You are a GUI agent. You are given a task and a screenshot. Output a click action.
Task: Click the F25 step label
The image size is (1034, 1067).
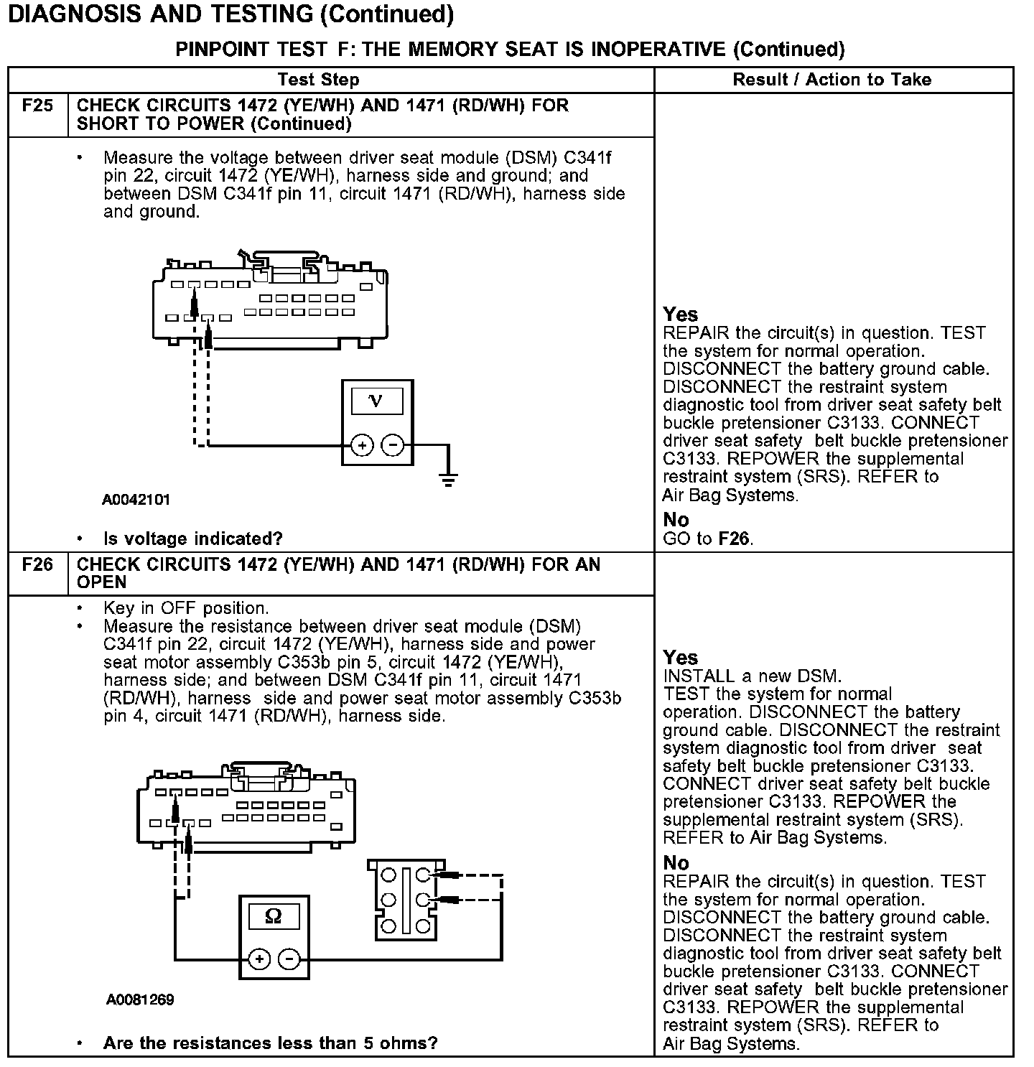pyautogui.click(x=37, y=106)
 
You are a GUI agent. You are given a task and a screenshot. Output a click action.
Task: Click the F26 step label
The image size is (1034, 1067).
pyautogui.click(x=37, y=564)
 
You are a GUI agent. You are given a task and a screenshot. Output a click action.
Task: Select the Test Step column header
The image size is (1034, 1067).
pyautogui.click(x=318, y=80)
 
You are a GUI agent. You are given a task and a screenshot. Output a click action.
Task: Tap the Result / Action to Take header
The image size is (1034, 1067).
pyautogui.click(x=832, y=80)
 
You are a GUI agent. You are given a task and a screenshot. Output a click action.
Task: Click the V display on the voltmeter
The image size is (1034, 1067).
pyautogui.click(x=376, y=401)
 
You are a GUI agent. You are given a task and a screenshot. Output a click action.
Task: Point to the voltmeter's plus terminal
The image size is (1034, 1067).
pyautogui.click(x=363, y=446)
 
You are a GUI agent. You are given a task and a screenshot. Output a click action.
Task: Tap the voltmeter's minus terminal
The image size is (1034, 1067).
pyautogui.click(x=392, y=446)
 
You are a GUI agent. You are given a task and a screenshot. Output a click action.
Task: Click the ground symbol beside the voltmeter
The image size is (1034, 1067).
pyautogui.click(x=449, y=478)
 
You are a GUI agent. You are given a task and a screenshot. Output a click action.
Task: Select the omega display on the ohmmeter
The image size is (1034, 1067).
pyautogui.click(x=274, y=916)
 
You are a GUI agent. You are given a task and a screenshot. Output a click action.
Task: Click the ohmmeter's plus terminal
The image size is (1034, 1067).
pyautogui.click(x=259, y=959)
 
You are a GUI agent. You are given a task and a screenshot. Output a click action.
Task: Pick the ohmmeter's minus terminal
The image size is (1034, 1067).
pyautogui.click(x=289, y=959)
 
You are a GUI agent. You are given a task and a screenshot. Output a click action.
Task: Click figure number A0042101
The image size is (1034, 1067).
pyautogui.click(x=136, y=499)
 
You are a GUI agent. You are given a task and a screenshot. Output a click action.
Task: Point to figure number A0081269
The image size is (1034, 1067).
pyautogui.click(x=140, y=1000)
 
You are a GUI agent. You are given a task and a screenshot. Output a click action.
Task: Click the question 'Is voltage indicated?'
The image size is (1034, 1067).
pyautogui.click(x=192, y=539)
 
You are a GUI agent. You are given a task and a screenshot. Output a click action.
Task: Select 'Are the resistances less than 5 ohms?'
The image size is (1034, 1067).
pyautogui.click(x=270, y=1043)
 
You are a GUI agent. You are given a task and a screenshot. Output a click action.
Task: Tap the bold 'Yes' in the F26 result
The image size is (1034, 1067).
pyautogui.click(x=681, y=658)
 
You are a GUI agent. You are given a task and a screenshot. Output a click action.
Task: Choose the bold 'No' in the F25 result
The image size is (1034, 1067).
pyautogui.click(x=676, y=520)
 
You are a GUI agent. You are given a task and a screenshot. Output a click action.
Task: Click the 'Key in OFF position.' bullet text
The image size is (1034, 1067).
pyautogui.click(x=186, y=608)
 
